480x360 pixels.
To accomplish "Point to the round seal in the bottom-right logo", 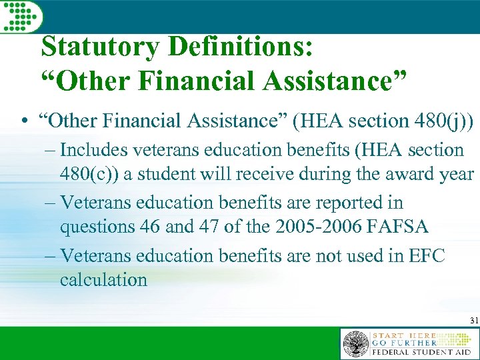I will pos(356,344).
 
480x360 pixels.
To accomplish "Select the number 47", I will pos(209,227).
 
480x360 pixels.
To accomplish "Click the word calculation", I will pos(103,279).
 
